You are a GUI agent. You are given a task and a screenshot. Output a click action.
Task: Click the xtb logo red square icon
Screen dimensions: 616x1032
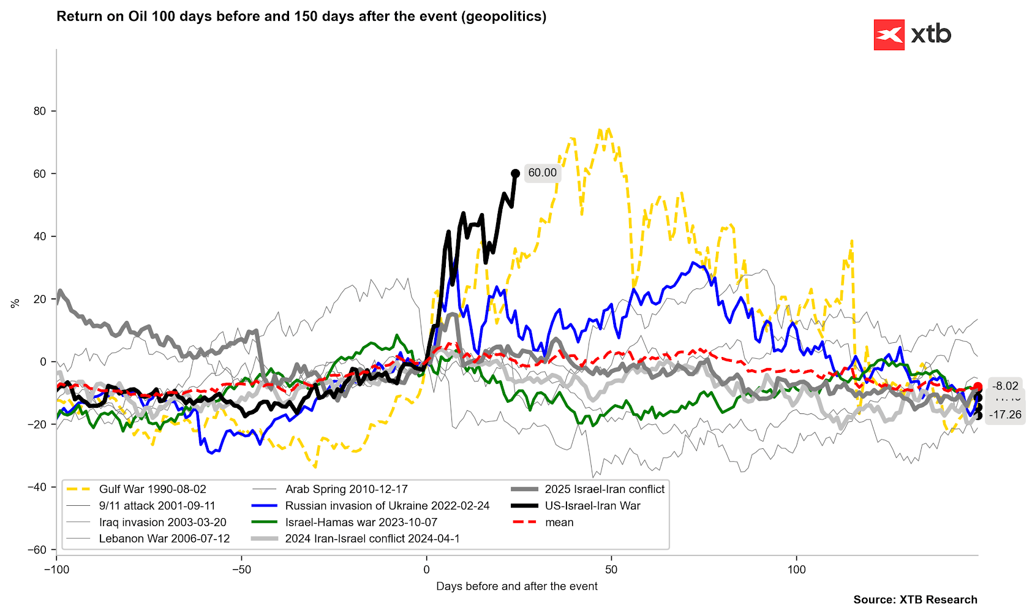(889, 35)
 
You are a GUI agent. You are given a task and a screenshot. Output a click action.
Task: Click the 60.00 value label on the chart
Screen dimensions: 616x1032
(542, 173)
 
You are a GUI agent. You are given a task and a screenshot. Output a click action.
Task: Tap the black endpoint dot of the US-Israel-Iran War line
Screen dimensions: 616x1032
(516, 174)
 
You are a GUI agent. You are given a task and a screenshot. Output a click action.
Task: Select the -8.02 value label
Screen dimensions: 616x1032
(1006, 386)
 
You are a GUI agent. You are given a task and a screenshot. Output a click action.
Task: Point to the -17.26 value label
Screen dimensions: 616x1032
(1005, 415)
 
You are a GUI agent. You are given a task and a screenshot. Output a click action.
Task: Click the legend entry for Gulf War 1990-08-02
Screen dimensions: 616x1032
(153, 489)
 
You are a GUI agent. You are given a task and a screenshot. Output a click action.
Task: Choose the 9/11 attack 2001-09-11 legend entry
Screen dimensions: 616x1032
(157, 506)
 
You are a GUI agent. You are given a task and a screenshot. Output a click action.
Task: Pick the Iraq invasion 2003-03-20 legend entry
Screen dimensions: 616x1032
(162, 522)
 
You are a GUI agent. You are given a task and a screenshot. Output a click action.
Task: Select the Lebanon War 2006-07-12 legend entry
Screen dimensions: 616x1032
(164, 539)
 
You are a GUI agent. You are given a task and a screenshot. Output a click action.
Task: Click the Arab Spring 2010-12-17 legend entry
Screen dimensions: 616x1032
(346, 489)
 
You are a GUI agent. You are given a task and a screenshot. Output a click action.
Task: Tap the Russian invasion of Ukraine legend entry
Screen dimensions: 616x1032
(387, 506)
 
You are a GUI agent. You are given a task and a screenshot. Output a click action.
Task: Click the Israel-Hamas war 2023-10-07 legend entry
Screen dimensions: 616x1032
(361, 522)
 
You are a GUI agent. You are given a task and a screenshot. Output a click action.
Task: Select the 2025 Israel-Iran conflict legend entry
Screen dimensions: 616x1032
(605, 489)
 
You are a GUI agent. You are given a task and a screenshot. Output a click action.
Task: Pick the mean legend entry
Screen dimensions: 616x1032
(559, 522)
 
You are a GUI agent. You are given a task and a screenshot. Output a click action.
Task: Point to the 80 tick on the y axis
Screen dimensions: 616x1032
(40, 111)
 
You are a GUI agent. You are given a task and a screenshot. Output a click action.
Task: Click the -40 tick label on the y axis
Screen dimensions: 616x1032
(37, 487)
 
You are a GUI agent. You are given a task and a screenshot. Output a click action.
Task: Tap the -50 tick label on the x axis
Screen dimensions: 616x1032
(241, 570)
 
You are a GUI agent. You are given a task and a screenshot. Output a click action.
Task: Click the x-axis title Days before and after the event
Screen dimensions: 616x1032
(516, 587)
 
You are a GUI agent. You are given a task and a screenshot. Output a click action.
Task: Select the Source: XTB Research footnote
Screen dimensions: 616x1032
(915, 600)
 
